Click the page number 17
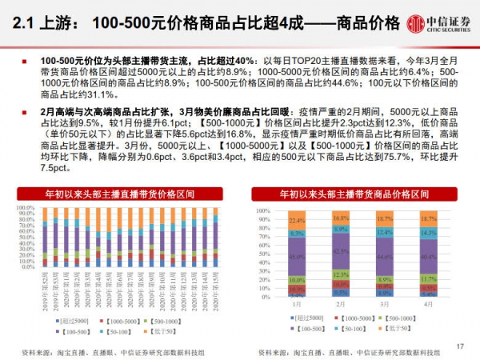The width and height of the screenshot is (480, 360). (459, 346)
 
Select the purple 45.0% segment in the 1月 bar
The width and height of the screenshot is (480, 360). (298, 257)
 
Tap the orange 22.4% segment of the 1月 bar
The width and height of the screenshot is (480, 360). (298, 220)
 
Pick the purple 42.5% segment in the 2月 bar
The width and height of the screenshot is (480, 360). (342, 252)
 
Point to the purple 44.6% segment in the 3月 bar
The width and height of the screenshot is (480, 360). (385, 256)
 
